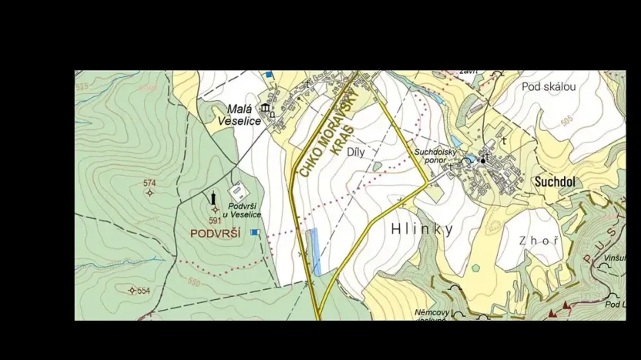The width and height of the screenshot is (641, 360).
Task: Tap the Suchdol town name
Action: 555,182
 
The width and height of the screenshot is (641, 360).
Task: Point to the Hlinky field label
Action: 421,229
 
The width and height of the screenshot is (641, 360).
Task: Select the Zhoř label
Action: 538,241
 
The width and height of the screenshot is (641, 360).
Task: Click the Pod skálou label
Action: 548,86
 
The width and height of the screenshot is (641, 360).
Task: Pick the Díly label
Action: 355,152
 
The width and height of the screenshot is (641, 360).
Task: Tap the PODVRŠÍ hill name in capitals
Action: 216,233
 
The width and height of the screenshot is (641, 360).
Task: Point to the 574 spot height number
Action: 149,183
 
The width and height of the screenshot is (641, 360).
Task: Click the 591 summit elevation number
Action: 214,220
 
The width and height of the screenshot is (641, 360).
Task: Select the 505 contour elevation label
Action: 567,121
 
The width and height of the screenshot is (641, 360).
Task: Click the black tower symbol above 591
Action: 213,199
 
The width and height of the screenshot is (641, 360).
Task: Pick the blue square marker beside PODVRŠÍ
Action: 255,232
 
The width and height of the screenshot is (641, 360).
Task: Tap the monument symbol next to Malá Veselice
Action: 265,107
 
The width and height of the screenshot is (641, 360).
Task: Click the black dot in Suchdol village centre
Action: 483,160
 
